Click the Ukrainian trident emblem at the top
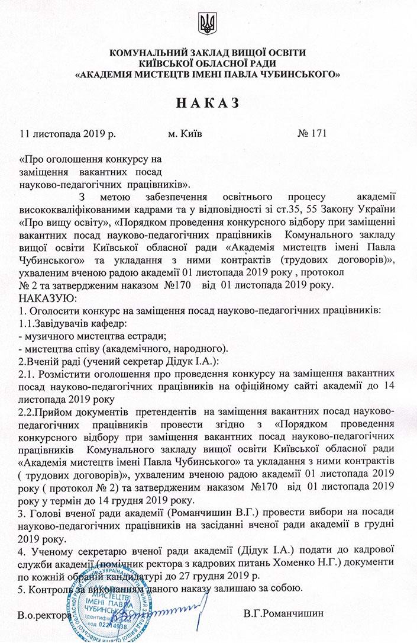(x=208, y=24)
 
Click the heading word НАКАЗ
(x=208, y=104)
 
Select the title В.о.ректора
(x=45, y=615)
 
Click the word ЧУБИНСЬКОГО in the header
(x=294, y=75)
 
